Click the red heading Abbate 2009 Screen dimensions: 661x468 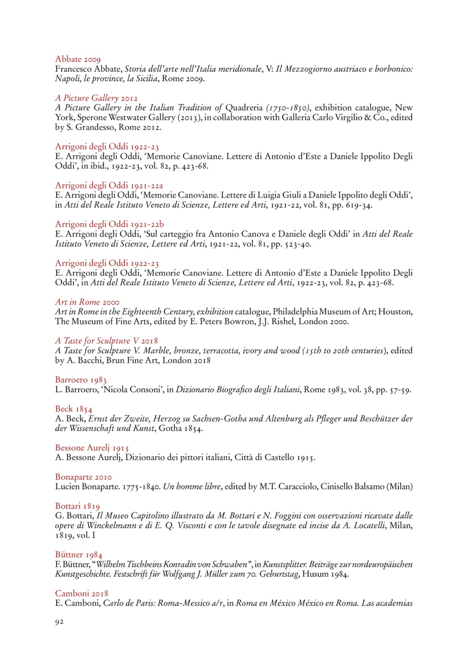click(78, 59)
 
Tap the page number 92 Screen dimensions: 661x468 click(59, 622)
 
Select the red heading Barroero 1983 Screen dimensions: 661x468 click(81, 380)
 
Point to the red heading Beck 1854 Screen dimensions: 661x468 click(74, 409)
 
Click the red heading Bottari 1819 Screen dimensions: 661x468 click(77, 506)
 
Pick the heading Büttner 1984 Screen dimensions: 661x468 click(79, 555)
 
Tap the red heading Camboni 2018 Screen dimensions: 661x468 click(82, 593)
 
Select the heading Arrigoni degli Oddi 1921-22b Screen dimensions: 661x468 click(109, 224)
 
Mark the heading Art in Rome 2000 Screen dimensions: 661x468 click(87, 302)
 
